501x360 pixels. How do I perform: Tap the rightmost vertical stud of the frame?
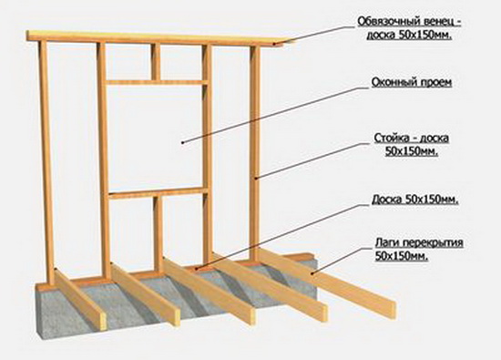tap(256, 155)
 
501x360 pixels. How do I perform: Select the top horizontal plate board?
tap(155, 40)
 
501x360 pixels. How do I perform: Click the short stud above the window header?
tap(157, 62)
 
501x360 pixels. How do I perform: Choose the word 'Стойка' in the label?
tap(387, 139)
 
